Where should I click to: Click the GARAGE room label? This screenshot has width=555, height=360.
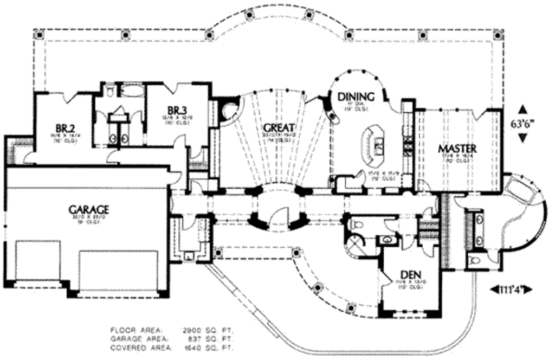pyautogui.click(x=89, y=209)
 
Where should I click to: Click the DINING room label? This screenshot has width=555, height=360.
pyautogui.click(x=355, y=98)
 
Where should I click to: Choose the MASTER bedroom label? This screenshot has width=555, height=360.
pyautogui.click(x=457, y=147)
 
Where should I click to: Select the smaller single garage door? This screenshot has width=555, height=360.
pyautogui.click(x=37, y=260)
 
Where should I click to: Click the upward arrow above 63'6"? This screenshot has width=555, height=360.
pyautogui.click(x=522, y=108)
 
